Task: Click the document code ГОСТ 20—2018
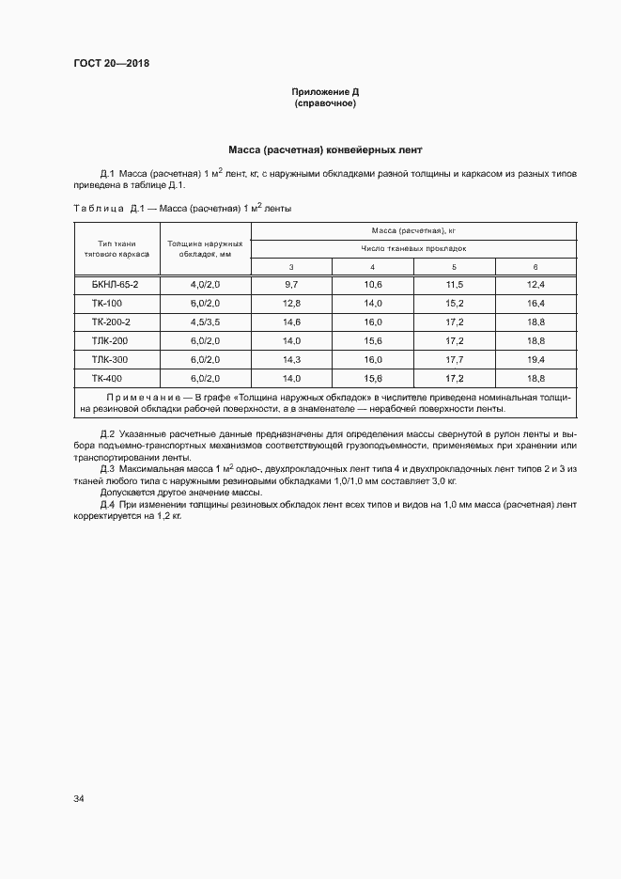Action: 111,64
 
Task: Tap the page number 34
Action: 79,799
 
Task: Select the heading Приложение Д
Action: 325,92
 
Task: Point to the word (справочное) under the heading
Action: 325,103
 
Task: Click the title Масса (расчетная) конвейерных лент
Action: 325,149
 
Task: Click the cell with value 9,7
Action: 291,284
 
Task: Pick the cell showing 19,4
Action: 536,359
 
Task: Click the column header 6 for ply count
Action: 536,267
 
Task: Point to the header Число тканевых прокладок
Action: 413,249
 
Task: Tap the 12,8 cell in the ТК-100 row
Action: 291,303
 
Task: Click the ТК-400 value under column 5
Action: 454,378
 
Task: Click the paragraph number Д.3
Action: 106,468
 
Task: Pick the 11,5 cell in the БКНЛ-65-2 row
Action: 454,284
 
